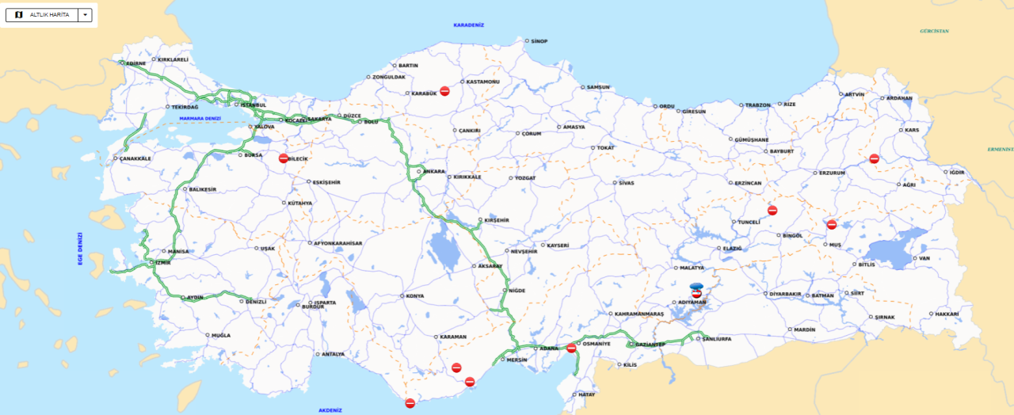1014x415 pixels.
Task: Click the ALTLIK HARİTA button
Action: point(43,15)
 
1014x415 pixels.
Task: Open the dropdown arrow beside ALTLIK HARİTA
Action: point(85,15)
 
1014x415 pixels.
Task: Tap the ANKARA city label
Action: point(434,171)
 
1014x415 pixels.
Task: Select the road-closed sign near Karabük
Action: point(445,91)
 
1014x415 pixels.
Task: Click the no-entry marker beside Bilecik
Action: point(284,158)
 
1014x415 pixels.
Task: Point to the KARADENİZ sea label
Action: point(468,25)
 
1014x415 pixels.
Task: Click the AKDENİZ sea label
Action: point(330,410)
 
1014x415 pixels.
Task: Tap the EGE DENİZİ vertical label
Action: point(80,249)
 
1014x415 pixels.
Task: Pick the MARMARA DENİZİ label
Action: point(200,119)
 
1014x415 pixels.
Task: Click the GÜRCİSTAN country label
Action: point(934,31)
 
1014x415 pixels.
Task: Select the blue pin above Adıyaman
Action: point(696,286)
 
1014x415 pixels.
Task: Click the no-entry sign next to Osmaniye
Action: point(571,348)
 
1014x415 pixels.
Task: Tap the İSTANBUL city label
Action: point(253,105)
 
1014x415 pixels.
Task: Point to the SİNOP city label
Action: point(539,40)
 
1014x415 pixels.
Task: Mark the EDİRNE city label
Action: point(135,63)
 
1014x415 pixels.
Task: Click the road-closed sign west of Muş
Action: point(832,224)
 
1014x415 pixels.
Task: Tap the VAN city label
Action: point(924,258)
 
